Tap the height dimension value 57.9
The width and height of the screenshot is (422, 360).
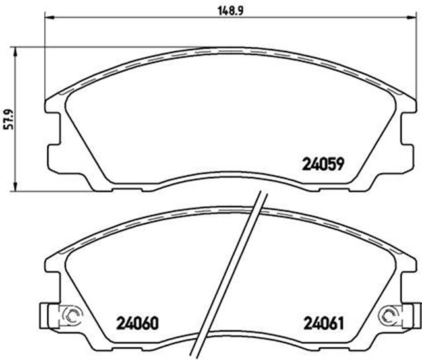(9, 119)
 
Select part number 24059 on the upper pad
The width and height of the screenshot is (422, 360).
(324, 162)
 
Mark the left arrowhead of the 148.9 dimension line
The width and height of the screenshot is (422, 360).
(47, 19)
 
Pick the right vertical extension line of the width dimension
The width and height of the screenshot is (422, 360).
(417, 59)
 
